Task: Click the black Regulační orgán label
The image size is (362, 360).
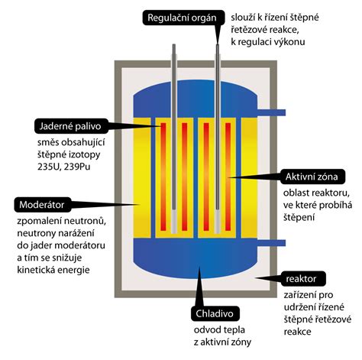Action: coord(183,18)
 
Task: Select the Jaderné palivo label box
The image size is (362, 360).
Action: coord(71,126)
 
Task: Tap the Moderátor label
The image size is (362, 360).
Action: coord(43,205)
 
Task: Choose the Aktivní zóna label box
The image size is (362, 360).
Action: coord(313,177)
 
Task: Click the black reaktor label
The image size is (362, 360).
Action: coord(303,279)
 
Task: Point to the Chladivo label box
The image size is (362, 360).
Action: coord(215,313)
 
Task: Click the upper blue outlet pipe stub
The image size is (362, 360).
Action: coord(271,112)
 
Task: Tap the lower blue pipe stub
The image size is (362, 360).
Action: coord(271,243)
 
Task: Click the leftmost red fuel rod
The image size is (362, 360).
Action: coord(163,177)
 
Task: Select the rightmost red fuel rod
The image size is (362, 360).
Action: coord(228,177)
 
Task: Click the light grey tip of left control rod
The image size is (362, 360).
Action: coord(174,222)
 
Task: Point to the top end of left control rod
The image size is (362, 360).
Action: coord(174,44)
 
